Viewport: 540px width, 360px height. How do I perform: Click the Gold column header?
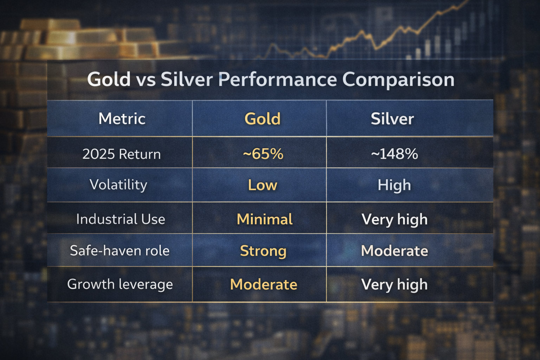coord(263,118)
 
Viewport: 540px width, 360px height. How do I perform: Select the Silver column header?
coord(392,118)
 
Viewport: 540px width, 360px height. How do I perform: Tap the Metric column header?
coord(122,118)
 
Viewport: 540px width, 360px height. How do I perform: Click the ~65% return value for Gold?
coord(263,154)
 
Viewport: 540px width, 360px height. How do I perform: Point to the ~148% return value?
coord(394,154)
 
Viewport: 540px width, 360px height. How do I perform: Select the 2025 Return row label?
coord(122,154)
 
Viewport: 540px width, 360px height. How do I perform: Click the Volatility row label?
coord(118,185)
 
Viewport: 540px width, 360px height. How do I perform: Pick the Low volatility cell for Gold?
coord(263,185)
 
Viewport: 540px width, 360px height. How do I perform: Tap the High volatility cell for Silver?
coord(394,185)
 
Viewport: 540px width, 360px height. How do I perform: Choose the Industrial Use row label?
coord(121,219)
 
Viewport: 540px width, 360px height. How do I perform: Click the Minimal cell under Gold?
coord(264,219)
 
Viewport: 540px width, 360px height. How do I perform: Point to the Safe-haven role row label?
coord(120,251)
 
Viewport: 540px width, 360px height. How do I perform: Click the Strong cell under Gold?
coord(263,251)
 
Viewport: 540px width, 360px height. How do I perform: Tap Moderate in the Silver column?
coord(395,251)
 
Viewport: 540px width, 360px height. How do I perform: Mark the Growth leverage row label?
coord(120,284)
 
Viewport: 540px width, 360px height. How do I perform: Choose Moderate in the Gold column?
coord(263,284)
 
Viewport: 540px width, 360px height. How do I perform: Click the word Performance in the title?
coord(277,80)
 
